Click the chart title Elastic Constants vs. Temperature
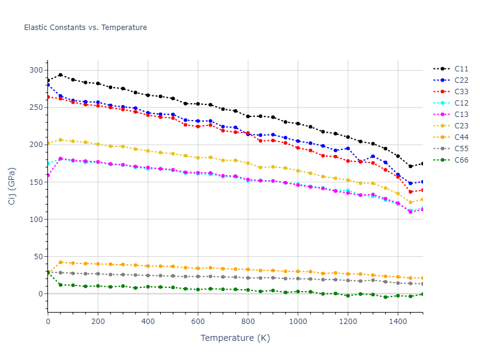(x=85, y=28)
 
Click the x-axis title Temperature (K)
(x=235, y=338)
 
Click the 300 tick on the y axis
(x=37, y=70)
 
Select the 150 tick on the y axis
(x=37, y=182)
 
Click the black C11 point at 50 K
(x=61, y=75)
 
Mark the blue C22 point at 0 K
(x=48, y=85)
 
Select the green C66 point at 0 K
(x=48, y=272)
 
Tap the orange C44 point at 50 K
(x=61, y=262)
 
